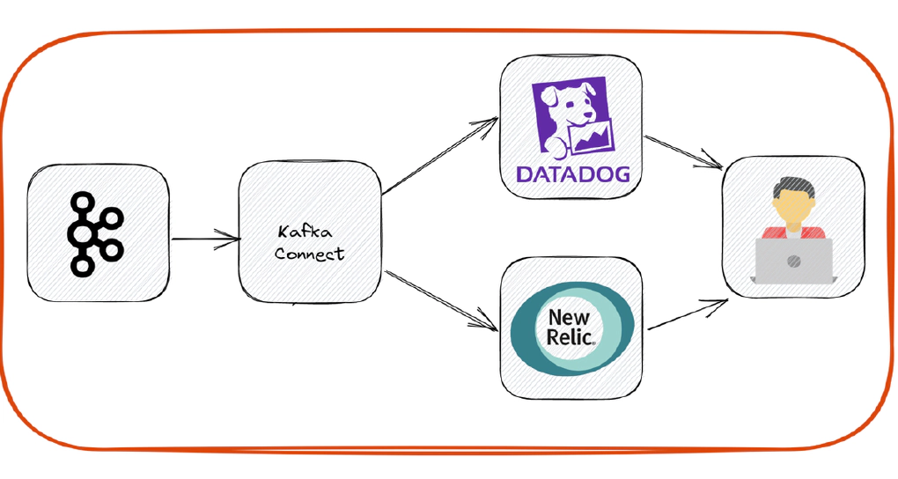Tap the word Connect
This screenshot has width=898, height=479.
(309, 254)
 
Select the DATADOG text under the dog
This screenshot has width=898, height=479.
(572, 173)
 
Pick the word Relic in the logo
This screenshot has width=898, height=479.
(570, 335)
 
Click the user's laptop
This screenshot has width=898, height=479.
(793, 261)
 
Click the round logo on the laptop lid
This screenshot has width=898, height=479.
(793, 261)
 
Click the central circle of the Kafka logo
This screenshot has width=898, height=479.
(85, 233)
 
